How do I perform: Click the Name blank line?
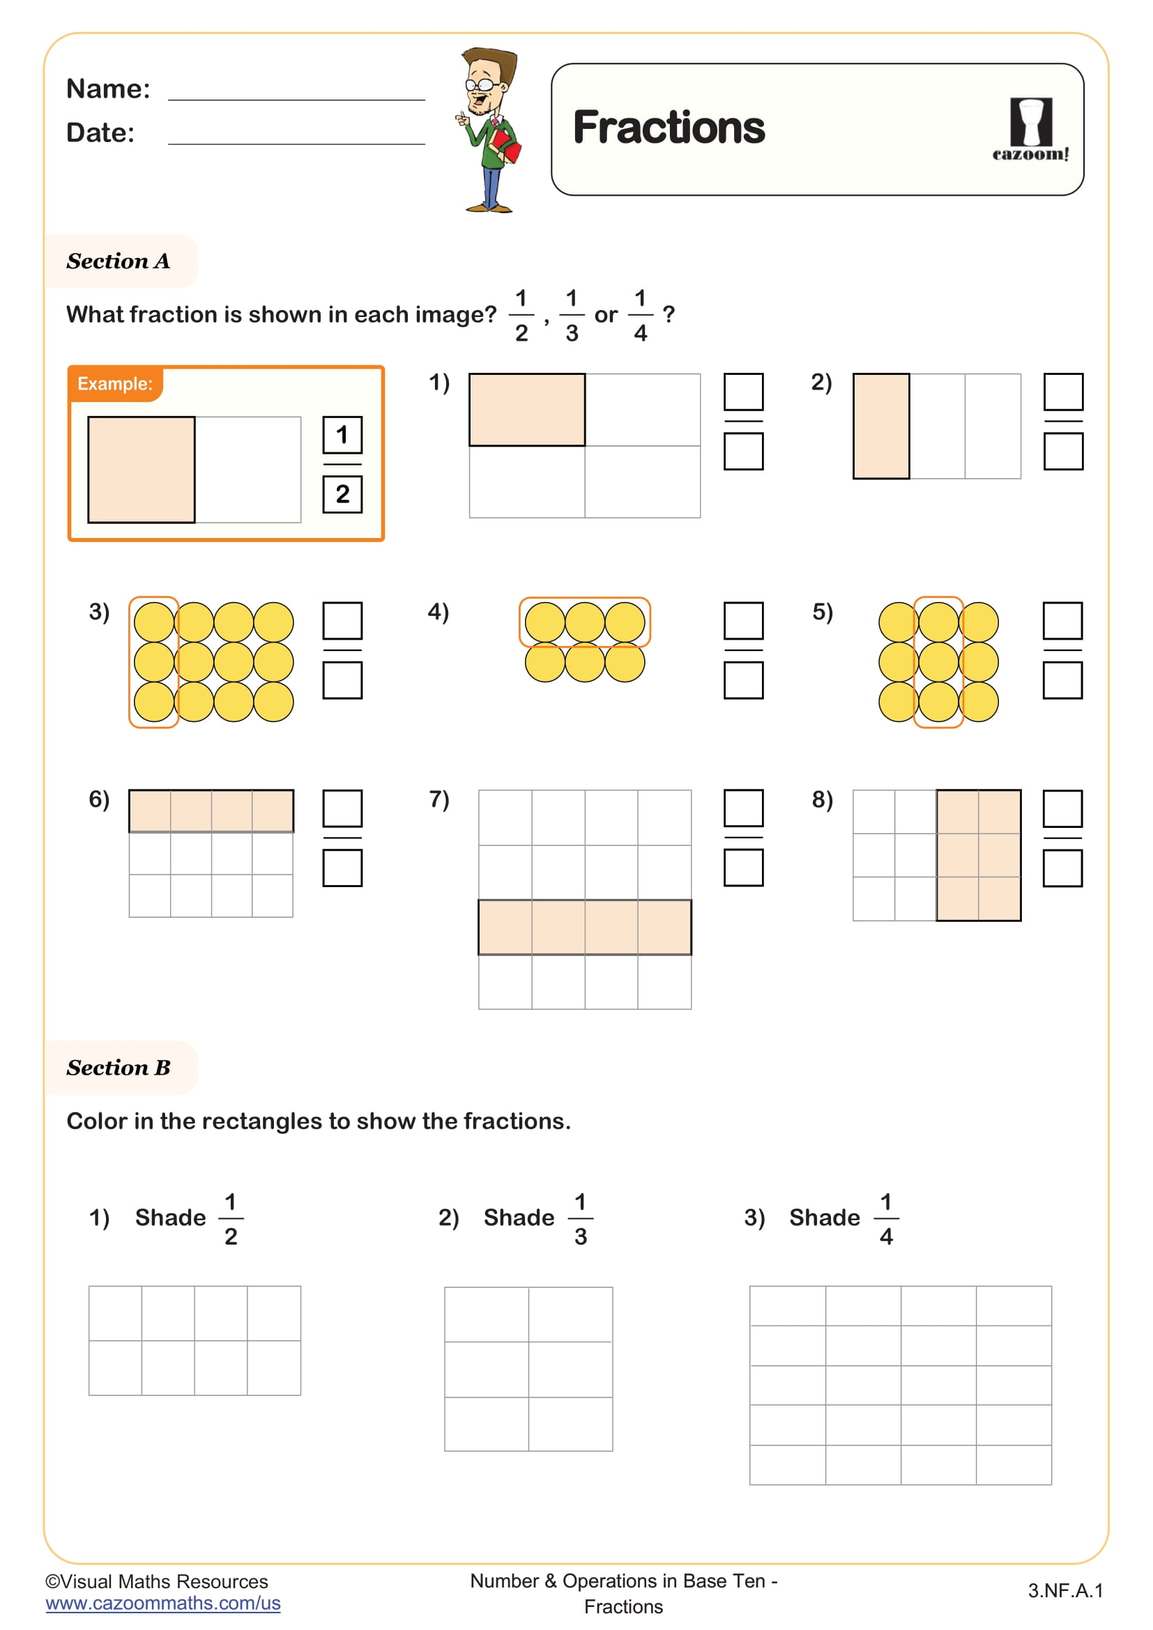click(x=296, y=99)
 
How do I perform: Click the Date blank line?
click(x=296, y=143)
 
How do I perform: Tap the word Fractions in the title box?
click(x=668, y=128)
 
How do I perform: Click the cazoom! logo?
click(x=1030, y=130)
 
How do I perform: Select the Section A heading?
click(x=119, y=261)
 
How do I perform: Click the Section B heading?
click(x=119, y=1067)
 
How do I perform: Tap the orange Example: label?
click(x=115, y=384)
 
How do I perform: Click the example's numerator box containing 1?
click(x=342, y=434)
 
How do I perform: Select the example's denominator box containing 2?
click(x=342, y=493)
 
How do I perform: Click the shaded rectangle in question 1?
click(x=527, y=410)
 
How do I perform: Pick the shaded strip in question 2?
click(x=881, y=426)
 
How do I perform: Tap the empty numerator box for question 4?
click(x=743, y=620)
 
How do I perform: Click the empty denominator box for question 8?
click(x=1062, y=868)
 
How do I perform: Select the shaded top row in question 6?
click(x=211, y=810)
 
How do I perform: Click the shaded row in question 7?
click(x=584, y=927)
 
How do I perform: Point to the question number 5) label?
click(x=822, y=611)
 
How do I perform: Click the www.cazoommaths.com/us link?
click(x=163, y=1603)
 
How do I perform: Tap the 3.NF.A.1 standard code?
click(x=1065, y=1590)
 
